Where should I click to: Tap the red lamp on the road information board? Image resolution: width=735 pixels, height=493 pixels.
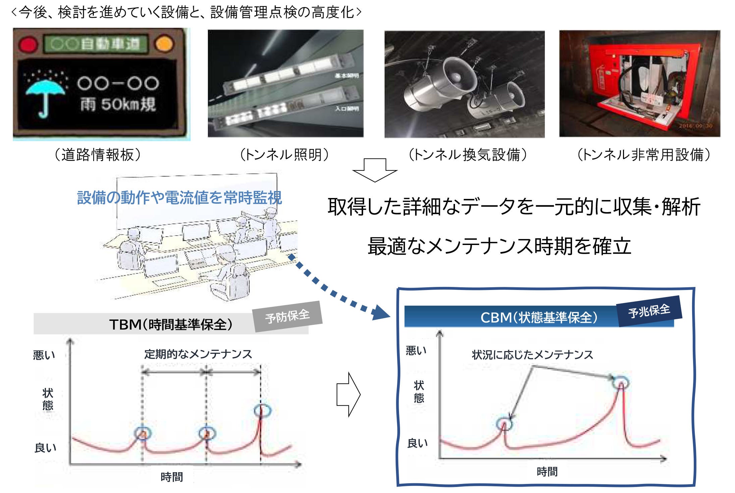(28, 44)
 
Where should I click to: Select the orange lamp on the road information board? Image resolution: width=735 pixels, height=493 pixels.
(164, 44)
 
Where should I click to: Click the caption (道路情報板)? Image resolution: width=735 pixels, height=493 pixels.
(98, 155)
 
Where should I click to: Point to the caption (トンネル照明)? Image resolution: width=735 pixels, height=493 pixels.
(285, 155)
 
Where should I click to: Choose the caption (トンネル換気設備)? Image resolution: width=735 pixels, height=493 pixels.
(468, 155)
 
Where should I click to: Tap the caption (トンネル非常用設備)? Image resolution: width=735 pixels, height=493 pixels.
(643, 155)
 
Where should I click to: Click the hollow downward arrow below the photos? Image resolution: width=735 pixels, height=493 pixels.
(375, 170)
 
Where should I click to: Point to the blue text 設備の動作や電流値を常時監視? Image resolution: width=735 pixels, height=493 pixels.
(179, 197)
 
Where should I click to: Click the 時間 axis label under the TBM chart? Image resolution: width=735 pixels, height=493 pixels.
(172, 477)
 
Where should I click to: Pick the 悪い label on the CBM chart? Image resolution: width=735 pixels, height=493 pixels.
(416, 351)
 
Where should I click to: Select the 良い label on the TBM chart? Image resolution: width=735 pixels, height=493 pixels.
(45, 448)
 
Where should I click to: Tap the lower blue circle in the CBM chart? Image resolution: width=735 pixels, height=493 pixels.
(504, 424)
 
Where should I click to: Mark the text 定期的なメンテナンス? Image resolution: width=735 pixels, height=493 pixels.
(198, 354)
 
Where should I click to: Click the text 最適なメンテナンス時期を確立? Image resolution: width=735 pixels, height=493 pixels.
(500, 246)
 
